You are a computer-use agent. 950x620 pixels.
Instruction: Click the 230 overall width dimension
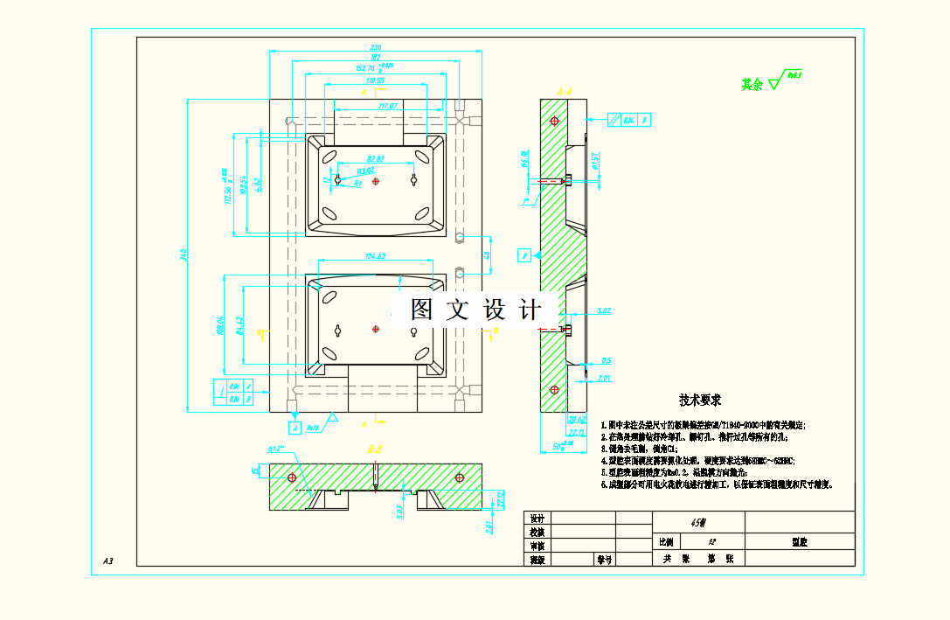pos(376,47)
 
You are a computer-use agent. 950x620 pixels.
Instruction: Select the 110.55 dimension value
pos(376,80)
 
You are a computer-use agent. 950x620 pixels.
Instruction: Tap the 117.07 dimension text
pos(388,106)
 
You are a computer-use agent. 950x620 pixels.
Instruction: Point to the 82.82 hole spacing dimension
pos(376,159)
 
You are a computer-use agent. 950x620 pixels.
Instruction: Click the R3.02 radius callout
pos(365,171)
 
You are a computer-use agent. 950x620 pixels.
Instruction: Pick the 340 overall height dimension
pos(184,255)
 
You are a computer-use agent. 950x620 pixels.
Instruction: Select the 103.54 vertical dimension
pos(243,186)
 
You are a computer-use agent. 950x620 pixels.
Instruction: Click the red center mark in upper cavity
pos(376,182)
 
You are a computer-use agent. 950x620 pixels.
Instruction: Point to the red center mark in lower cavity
pos(376,329)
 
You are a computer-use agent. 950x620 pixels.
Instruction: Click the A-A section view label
pos(564,89)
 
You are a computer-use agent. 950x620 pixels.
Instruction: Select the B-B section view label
pos(375,449)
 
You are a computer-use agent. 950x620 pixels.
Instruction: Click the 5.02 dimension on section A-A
pos(603,310)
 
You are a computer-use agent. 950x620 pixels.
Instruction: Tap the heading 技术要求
pos(700,401)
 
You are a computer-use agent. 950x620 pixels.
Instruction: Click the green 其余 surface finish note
pos(752,85)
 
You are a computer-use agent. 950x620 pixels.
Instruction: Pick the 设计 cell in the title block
pos(537,519)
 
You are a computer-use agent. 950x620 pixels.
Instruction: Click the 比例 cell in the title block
pos(667,543)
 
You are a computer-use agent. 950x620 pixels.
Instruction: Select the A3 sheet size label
pos(108,561)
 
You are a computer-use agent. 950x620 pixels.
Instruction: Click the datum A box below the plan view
pos(295,428)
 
